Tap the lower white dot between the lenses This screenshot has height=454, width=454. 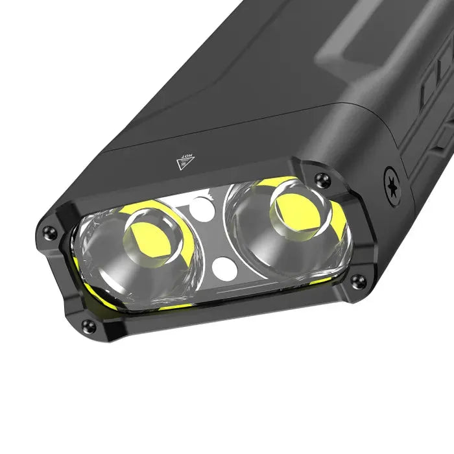[x=223, y=266]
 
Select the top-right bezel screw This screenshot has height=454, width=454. [x=319, y=179]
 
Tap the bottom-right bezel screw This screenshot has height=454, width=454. [x=357, y=280]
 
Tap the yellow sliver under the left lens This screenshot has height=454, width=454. [x=175, y=305]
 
